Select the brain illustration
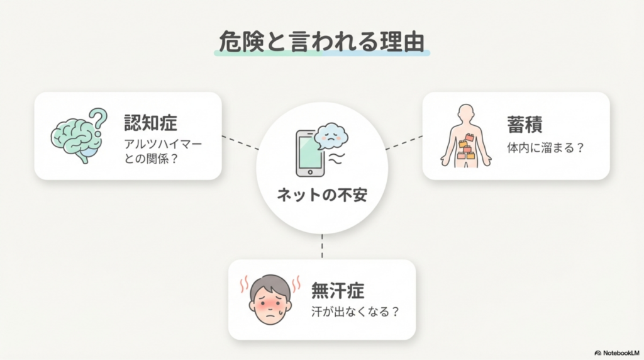(76, 138)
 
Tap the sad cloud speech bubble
(331, 135)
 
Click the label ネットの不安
(321, 196)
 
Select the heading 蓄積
(525, 123)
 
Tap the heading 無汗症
(338, 291)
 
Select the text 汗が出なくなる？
(355, 312)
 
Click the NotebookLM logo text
(618, 353)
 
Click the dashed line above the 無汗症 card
(322, 247)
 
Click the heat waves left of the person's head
(242, 285)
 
